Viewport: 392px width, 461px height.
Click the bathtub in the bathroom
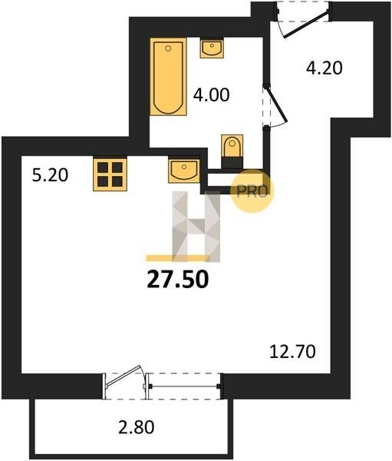click(x=168, y=76)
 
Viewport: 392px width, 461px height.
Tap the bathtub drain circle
click(x=168, y=48)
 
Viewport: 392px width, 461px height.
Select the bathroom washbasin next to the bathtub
click(x=212, y=48)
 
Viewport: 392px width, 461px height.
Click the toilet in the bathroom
click(x=232, y=146)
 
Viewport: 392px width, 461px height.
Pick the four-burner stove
click(x=110, y=174)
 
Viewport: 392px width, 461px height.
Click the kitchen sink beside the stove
click(x=184, y=171)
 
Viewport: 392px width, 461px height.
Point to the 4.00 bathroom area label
click(x=211, y=95)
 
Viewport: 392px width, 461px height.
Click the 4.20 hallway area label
click(x=324, y=68)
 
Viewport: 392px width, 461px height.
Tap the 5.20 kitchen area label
click(x=50, y=175)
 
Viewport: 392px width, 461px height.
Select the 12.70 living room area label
click(x=292, y=352)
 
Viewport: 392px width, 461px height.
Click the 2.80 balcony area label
click(x=137, y=427)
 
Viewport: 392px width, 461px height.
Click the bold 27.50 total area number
click(x=178, y=280)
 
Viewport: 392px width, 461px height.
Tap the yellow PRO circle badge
click(x=252, y=191)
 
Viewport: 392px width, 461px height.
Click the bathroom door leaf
click(x=276, y=104)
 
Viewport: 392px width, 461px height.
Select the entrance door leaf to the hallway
click(x=307, y=24)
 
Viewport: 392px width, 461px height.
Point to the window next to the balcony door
click(x=183, y=386)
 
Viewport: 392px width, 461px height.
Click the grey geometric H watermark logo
click(x=196, y=227)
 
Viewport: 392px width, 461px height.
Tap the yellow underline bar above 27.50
click(x=178, y=258)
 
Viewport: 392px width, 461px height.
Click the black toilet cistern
click(x=232, y=163)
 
